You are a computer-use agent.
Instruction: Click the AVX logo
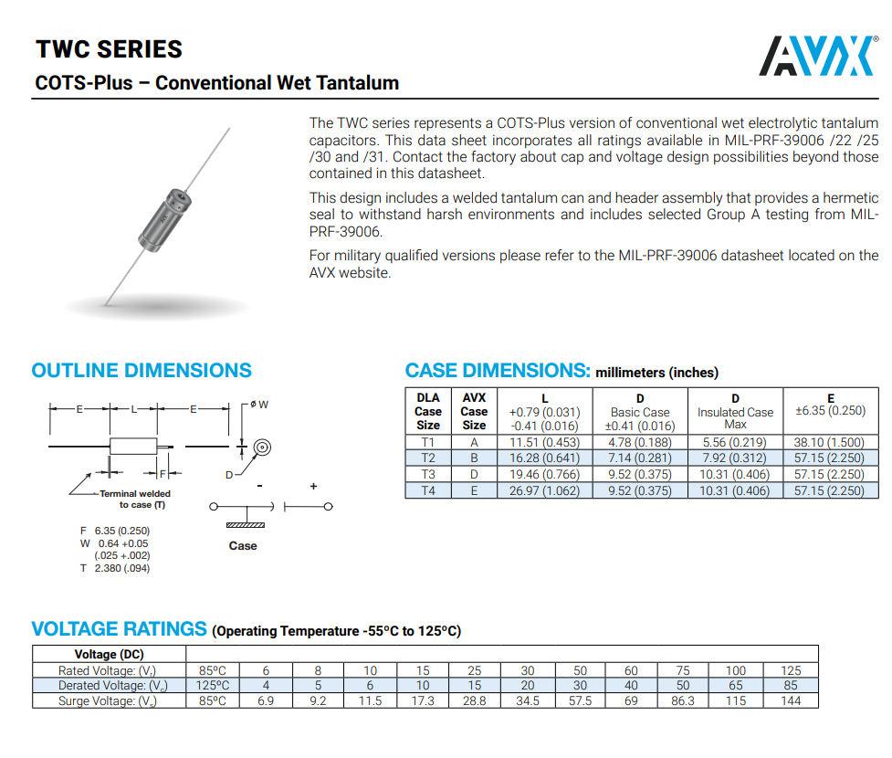[x=817, y=56]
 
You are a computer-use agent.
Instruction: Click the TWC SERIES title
[x=109, y=49]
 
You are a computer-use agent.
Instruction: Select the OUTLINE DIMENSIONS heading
[x=142, y=371]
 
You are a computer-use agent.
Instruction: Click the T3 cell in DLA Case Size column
[x=427, y=475]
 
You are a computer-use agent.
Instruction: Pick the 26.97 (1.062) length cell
[x=544, y=490]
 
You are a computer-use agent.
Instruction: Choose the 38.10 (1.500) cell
[x=830, y=443]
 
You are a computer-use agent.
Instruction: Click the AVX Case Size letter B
[x=474, y=458]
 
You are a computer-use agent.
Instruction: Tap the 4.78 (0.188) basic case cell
[x=640, y=443]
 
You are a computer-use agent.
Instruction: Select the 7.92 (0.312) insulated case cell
[x=734, y=458]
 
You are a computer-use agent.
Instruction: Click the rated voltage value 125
[x=790, y=670]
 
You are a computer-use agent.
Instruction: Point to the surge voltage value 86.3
[x=683, y=700]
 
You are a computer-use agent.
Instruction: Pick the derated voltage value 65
[x=736, y=685]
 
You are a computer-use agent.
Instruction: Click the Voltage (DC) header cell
[x=109, y=654]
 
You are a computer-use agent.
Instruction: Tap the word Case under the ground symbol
[x=243, y=546]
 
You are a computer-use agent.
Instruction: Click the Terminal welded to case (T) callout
[x=134, y=499]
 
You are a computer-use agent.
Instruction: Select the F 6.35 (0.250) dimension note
[x=115, y=531]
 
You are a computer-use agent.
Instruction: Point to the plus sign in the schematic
[x=313, y=487]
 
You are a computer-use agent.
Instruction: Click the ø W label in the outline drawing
[x=260, y=404]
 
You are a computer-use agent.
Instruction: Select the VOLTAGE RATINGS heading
[x=119, y=629]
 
